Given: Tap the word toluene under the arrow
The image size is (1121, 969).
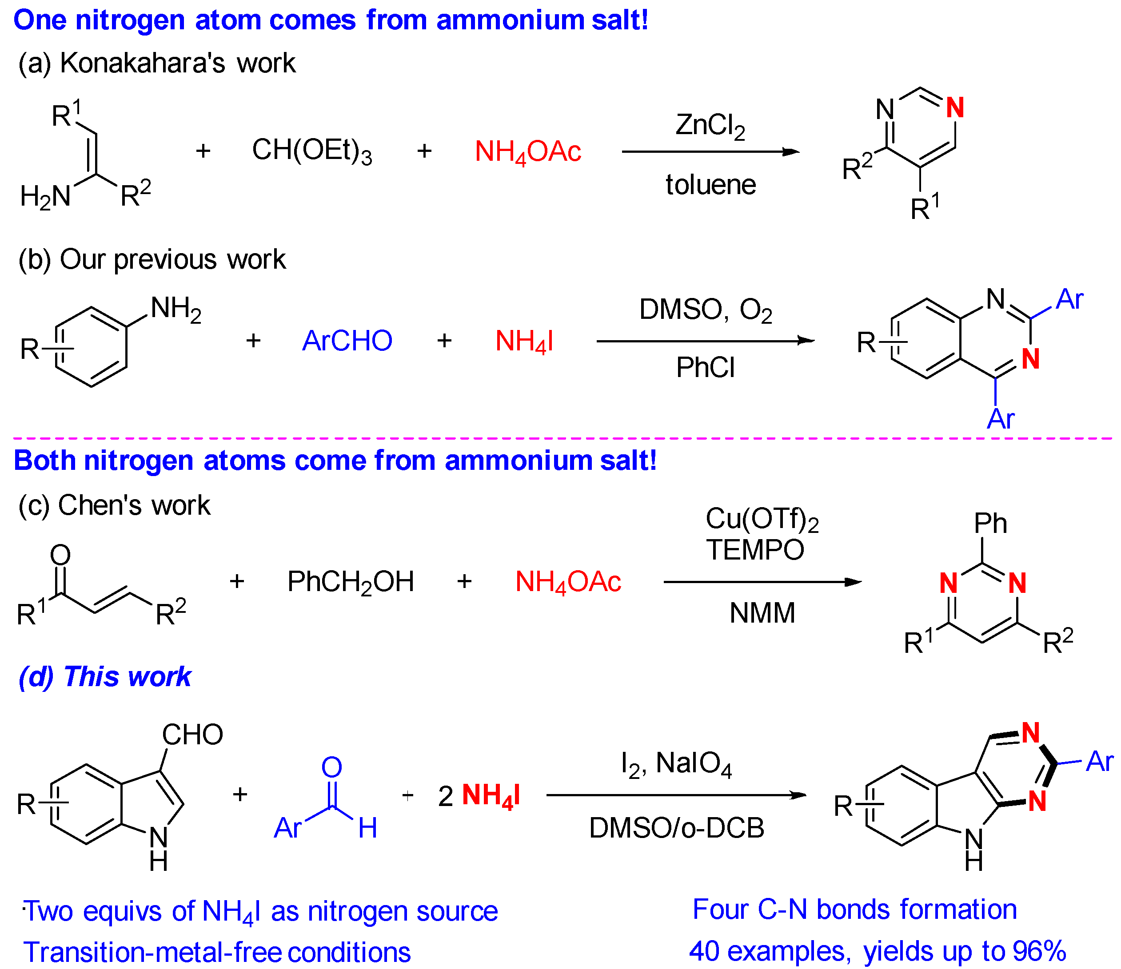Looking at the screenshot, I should (x=710, y=185).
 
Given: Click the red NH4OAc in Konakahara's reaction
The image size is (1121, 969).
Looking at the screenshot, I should (x=527, y=151).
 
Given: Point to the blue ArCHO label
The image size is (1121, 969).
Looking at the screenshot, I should (x=347, y=341).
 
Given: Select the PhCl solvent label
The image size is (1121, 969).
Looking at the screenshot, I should (x=705, y=368).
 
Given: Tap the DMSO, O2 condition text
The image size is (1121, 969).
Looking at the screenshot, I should (x=705, y=310).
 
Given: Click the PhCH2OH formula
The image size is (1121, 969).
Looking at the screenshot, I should (x=350, y=582).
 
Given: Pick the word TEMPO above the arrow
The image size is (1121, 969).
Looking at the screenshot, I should (x=755, y=550).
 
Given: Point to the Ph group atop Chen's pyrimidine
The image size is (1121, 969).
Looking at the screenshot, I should (x=989, y=524).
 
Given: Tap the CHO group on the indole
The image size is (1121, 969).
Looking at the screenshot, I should (x=192, y=735).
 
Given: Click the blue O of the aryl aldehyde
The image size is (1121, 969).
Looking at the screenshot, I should (x=331, y=767).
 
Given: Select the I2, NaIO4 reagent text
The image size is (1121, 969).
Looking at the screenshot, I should (x=676, y=764).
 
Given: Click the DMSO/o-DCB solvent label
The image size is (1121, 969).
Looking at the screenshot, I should (x=676, y=828).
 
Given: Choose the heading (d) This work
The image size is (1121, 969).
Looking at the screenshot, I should (x=105, y=676).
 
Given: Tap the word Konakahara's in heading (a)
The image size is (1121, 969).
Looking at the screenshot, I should (x=142, y=63).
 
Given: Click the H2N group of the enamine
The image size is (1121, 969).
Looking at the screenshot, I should (x=45, y=196).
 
